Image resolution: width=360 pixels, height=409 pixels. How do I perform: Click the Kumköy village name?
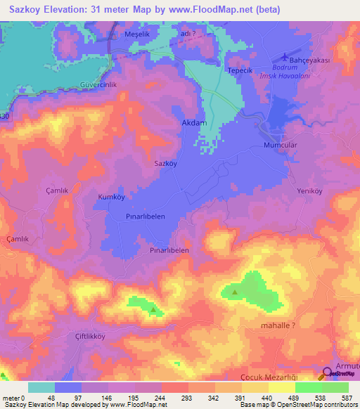pyautogui.click(x=112, y=197)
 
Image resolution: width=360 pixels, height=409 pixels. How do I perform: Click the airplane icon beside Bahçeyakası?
pyautogui.click(x=284, y=56)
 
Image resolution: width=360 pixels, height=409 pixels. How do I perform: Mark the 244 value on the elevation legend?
pyautogui.click(x=160, y=398)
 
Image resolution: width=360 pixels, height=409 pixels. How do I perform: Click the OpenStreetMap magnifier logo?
pyautogui.click(x=328, y=373)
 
